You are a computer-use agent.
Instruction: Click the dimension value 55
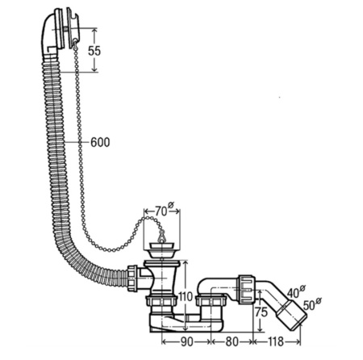[x=94, y=51]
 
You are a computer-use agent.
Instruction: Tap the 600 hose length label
[x=100, y=142]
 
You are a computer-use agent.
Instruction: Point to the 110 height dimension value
[x=186, y=297]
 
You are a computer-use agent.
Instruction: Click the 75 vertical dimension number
[x=261, y=312]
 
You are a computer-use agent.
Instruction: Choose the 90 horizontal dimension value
[x=186, y=341]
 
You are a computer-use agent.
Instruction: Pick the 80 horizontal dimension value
[x=232, y=341]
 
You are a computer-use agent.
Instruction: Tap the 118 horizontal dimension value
[x=276, y=341]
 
